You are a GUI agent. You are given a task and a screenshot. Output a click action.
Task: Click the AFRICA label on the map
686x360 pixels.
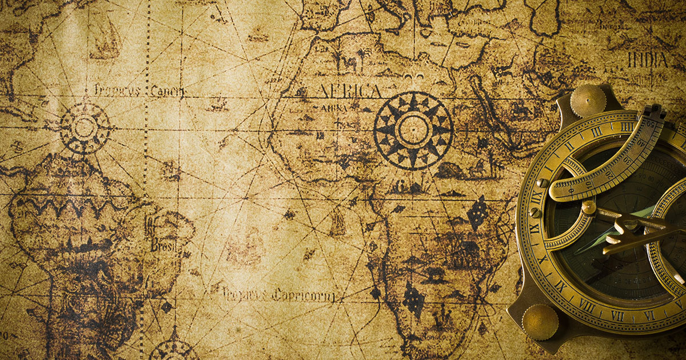click(348, 91)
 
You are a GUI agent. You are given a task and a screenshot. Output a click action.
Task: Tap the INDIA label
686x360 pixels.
click(648, 59)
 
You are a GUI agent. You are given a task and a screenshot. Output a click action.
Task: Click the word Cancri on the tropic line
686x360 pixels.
click(168, 91)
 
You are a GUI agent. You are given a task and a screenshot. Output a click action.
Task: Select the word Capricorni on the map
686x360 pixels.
click(303, 295)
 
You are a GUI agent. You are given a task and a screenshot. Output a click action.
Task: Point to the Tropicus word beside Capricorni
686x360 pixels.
click(245, 294)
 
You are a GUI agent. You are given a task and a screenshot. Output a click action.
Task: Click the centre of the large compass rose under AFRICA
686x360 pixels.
click(413, 130)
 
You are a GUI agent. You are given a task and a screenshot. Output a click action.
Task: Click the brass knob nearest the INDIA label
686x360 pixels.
click(588, 101)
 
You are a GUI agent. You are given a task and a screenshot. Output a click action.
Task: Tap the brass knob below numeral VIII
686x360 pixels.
click(540, 322)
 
